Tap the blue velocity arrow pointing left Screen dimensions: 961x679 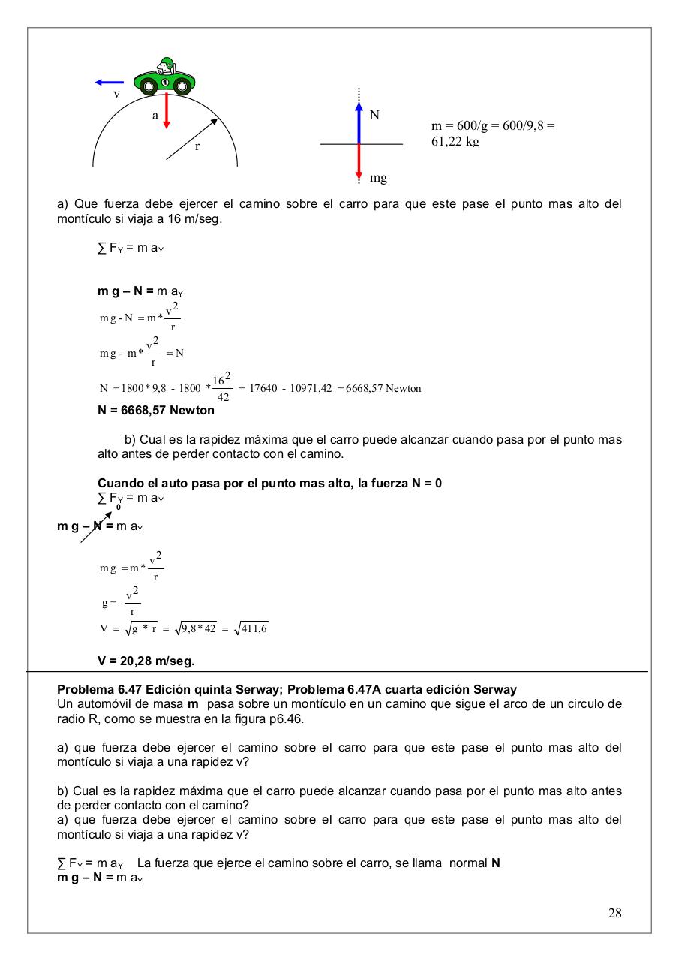tap(110, 83)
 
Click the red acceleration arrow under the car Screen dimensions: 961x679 tap(167, 112)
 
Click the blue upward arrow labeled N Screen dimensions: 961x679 tap(359, 122)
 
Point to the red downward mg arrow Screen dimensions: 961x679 tap(359, 161)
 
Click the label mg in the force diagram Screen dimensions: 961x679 tap(378, 178)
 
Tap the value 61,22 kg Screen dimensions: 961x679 tap(455, 141)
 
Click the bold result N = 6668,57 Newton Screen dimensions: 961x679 tap(156, 410)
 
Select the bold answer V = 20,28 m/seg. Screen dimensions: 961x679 tap(146, 661)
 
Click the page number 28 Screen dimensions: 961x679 tap(614, 914)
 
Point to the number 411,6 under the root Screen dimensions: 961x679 tap(254, 629)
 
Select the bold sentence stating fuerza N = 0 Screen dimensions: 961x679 tap(269, 483)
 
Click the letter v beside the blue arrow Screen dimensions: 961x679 tap(116, 94)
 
